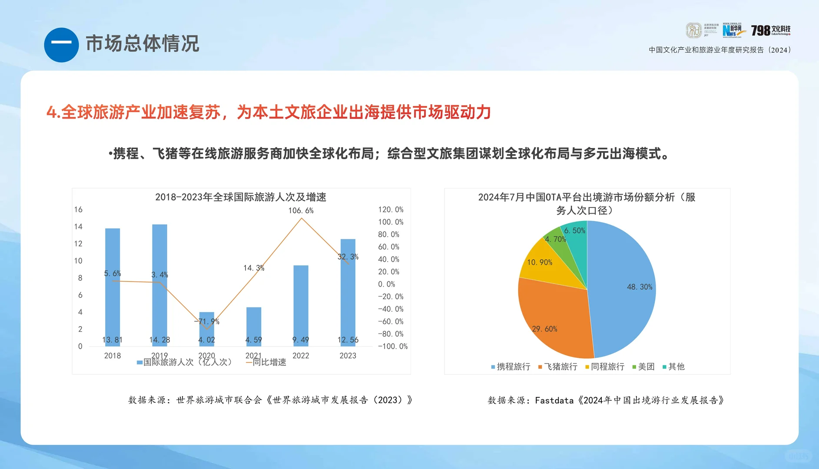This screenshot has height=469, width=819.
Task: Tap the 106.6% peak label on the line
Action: point(301,211)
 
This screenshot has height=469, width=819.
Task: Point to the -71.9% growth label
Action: point(207,322)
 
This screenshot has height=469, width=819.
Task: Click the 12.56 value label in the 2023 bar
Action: point(348,340)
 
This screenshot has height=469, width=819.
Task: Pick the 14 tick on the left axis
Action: point(78,227)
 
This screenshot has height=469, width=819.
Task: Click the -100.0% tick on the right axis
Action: point(393,347)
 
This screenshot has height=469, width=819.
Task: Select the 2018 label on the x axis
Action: point(113,356)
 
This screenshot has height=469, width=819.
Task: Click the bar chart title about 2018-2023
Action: point(241,197)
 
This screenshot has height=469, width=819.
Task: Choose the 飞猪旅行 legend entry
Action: point(558,367)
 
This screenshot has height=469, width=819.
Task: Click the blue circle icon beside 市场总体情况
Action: point(61,45)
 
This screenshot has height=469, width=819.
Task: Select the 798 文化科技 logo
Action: point(771,30)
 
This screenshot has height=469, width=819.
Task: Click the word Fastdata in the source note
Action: point(554,400)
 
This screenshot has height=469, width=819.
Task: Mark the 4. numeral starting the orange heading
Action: point(53,113)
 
